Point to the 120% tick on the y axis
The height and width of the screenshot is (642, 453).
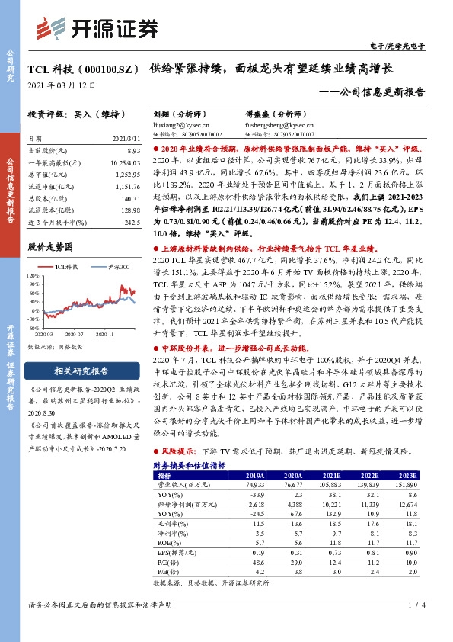tap(35, 273)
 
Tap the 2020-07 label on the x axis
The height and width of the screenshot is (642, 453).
tap(74, 333)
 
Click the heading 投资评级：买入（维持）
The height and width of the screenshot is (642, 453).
tap(71, 114)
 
